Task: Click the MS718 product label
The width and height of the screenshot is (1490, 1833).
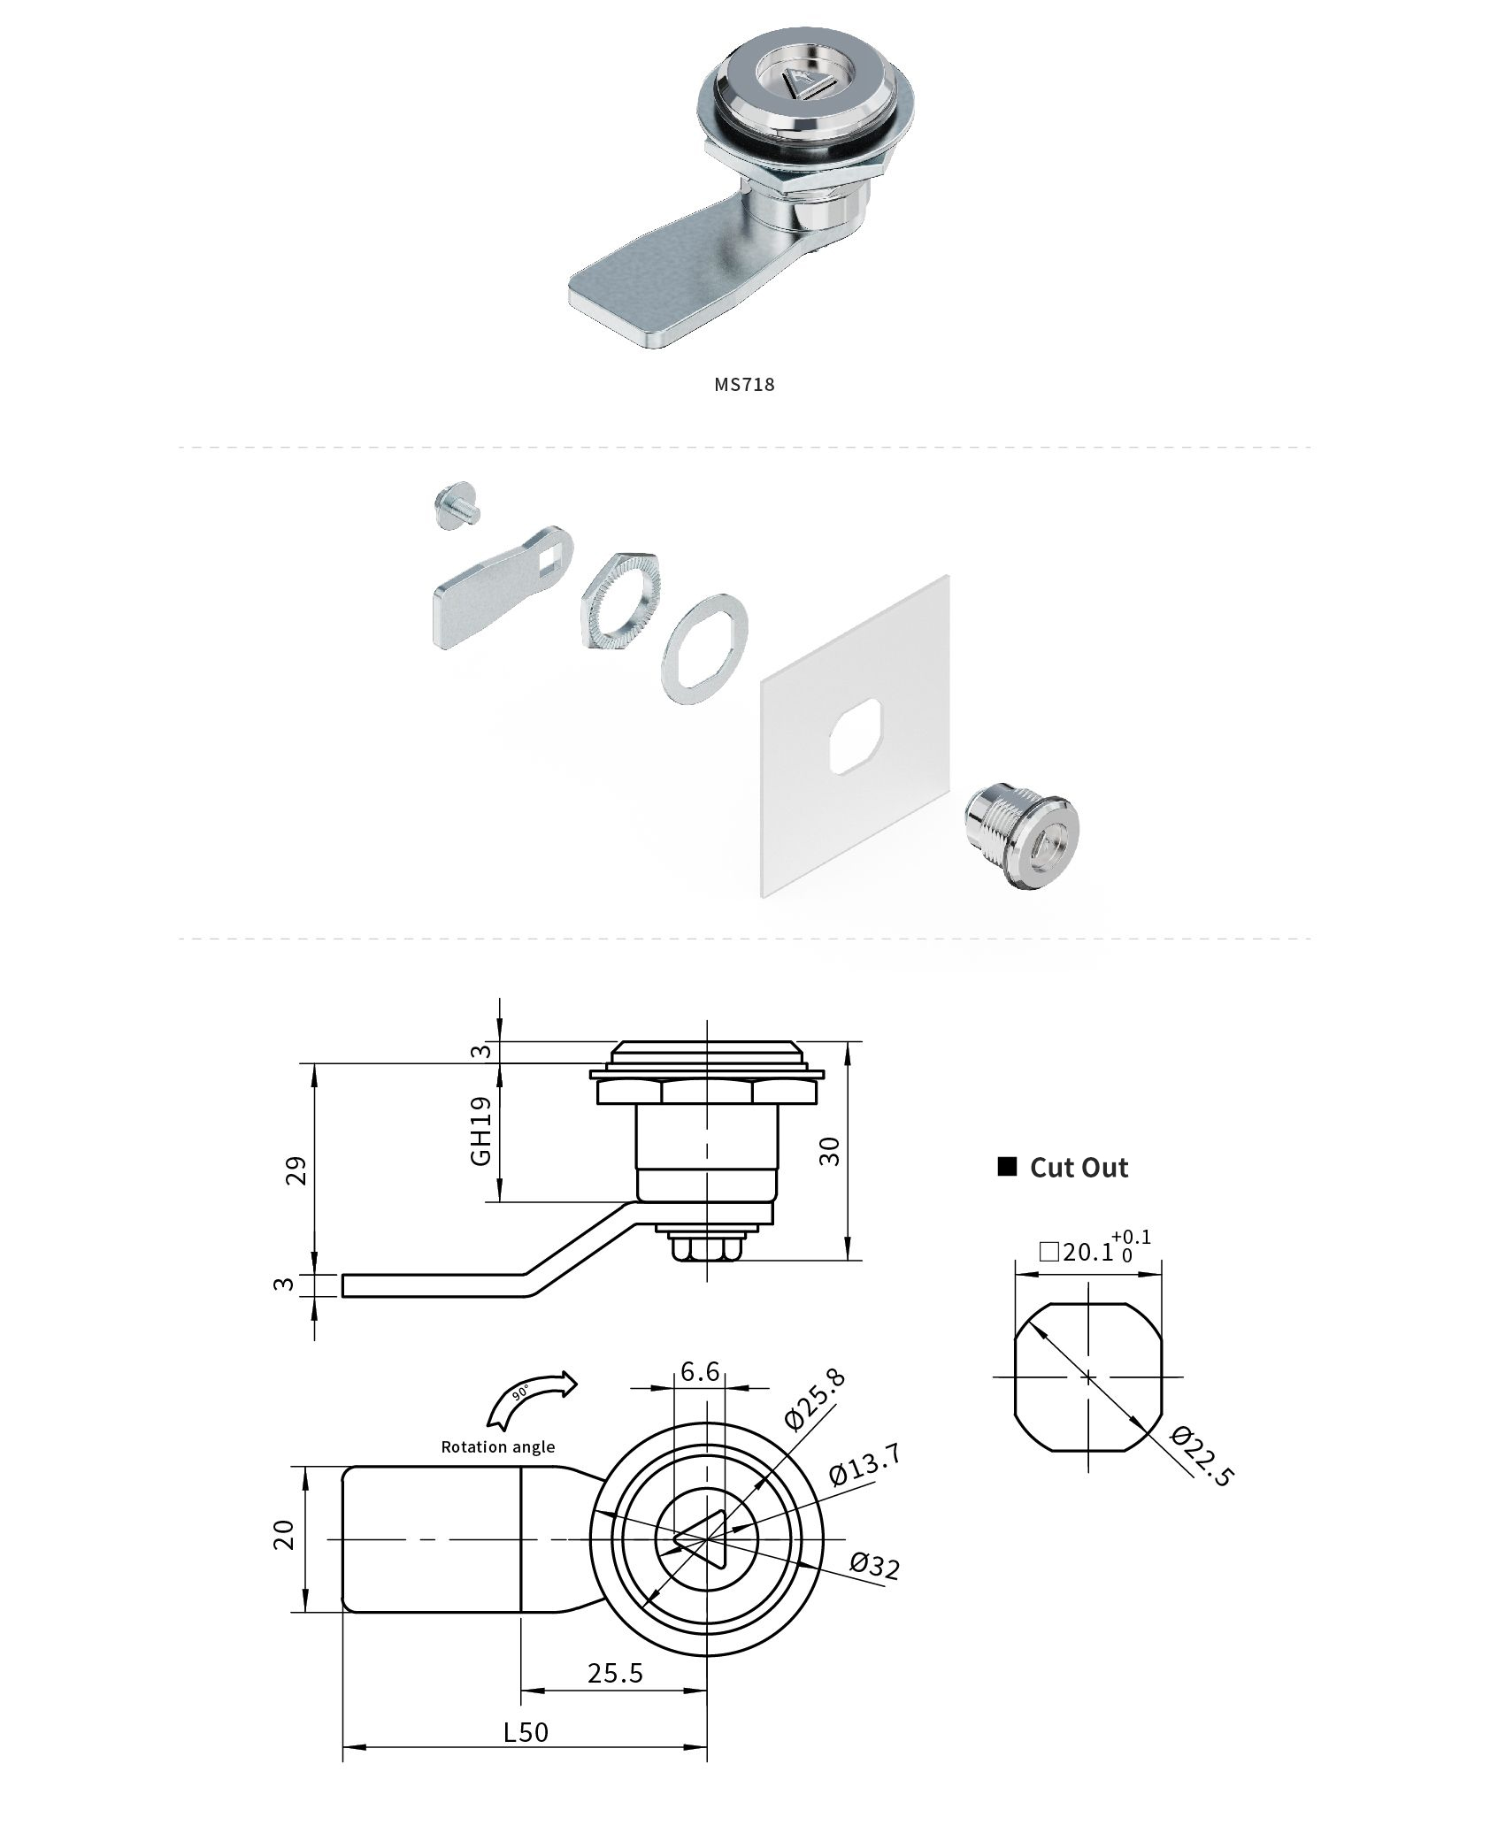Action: (x=744, y=384)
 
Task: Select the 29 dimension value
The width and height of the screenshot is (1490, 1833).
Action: (x=298, y=1170)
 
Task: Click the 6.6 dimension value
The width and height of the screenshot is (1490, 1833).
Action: (x=700, y=1371)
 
